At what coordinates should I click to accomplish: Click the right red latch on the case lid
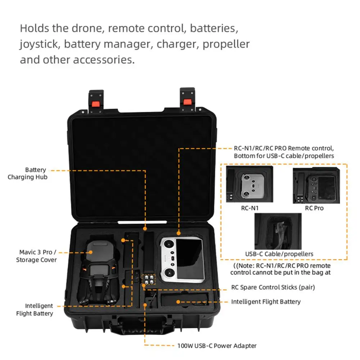[x=187, y=102]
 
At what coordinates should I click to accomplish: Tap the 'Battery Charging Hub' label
[x=28, y=173]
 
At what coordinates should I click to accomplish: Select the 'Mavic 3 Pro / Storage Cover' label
[x=36, y=256]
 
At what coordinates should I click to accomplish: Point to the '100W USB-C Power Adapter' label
[x=217, y=346]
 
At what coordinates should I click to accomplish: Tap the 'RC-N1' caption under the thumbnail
[x=250, y=208]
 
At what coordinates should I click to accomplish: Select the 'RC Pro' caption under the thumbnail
[x=314, y=208]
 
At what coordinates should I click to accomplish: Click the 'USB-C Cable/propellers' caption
[x=279, y=254]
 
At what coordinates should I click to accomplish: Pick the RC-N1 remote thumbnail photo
[x=250, y=184]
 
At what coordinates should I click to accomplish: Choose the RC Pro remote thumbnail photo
[x=315, y=185]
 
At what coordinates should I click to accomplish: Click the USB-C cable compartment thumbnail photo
[x=277, y=231]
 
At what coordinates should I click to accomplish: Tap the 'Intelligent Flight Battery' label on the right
[x=266, y=302]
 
